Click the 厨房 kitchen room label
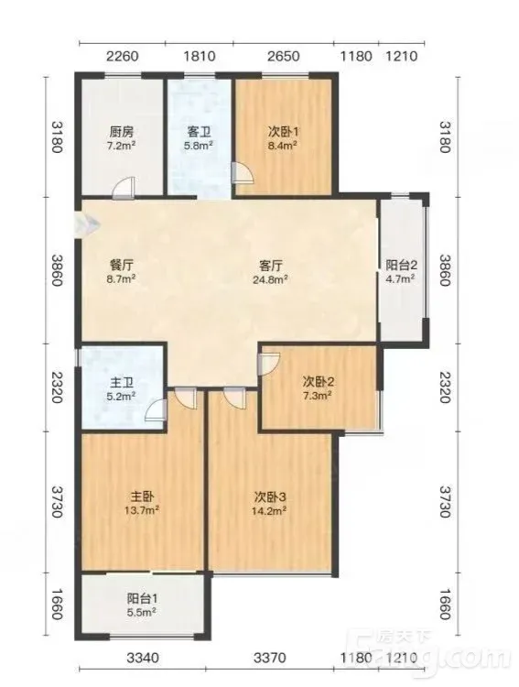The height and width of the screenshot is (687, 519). (122, 131)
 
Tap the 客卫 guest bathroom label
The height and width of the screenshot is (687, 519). (199, 131)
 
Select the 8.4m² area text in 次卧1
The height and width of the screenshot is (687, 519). (283, 145)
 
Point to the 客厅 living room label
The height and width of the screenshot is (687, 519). (270, 266)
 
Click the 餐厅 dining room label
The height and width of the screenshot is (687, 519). (121, 265)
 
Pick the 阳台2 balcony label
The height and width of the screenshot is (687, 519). (401, 265)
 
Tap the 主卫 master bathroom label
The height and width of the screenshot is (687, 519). (122, 383)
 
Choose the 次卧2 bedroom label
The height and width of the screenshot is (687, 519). (318, 382)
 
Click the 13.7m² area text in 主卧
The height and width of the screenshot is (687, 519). (142, 510)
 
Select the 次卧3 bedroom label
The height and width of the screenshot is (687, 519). (270, 496)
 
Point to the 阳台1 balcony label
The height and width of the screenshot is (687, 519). (143, 598)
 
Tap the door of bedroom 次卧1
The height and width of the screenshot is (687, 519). (243, 172)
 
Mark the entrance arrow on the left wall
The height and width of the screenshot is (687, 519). (88, 224)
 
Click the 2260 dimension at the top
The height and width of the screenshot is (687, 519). (123, 56)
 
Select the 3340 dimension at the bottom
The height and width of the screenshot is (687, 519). (143, 657)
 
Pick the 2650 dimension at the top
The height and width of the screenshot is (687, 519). (284, 56)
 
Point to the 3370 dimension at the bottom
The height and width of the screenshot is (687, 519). (270, 657)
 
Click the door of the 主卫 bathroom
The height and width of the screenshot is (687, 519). (156, 410)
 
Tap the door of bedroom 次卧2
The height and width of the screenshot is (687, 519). (268, 365)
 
